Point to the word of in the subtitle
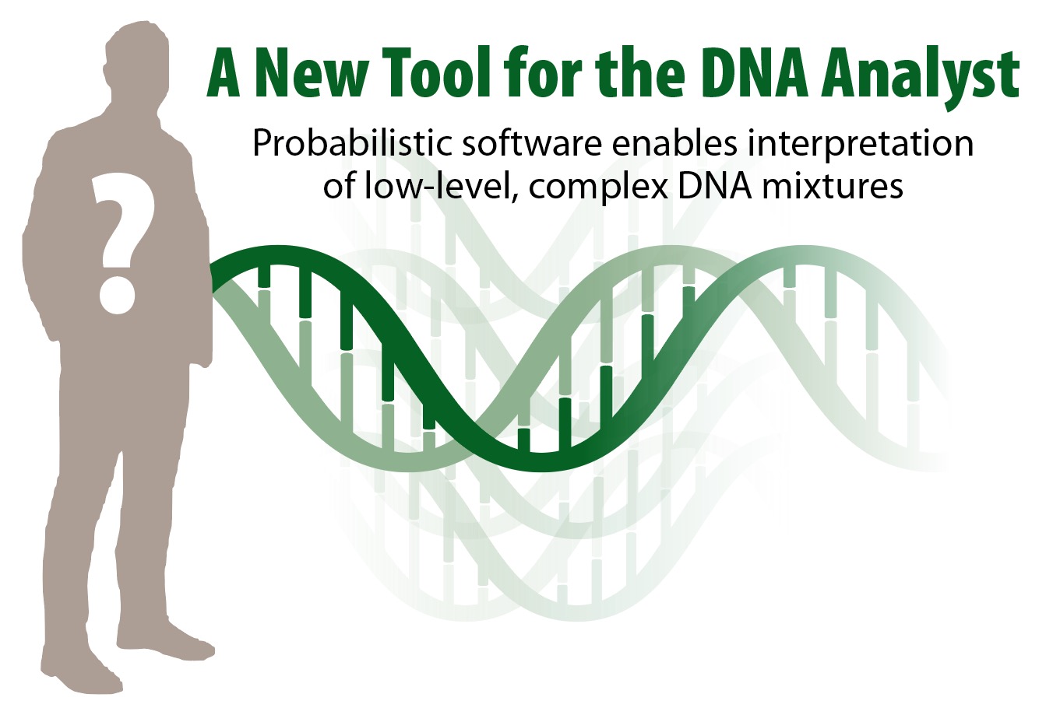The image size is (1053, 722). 339,187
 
